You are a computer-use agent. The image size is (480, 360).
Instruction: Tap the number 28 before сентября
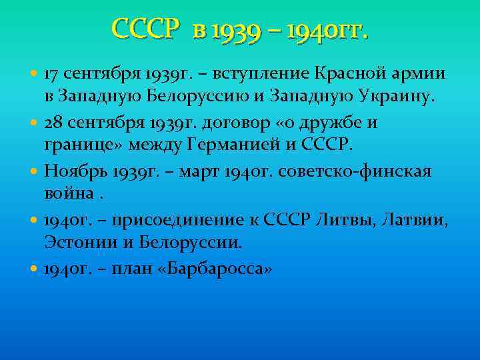[x=53, y=123]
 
